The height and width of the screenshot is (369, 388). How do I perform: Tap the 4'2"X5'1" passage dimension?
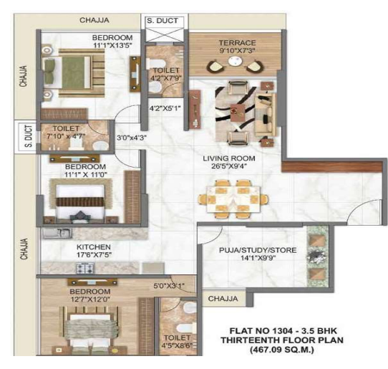(163, 110)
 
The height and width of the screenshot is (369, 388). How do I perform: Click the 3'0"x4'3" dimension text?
(131, 136)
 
